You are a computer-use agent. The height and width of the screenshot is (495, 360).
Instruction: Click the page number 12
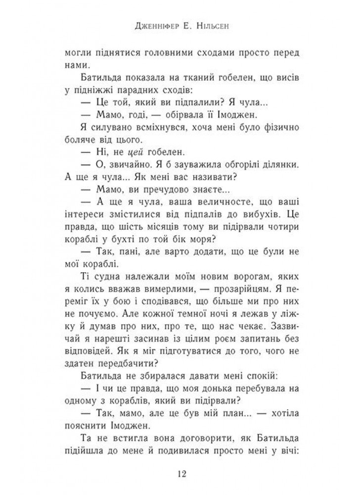click(x=180, y=474)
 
